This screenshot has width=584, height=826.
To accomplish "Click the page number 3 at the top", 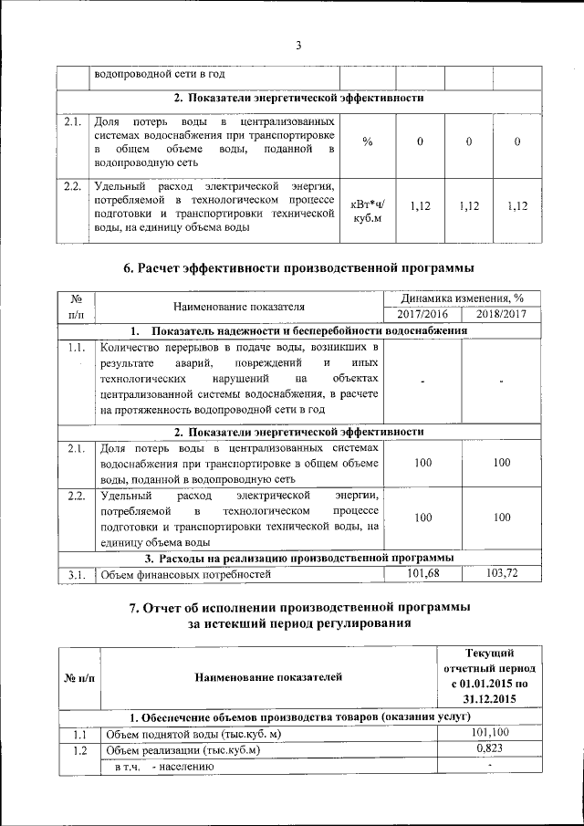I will tap(297, 47).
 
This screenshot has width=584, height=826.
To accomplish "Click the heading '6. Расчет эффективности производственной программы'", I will tap(297, 267).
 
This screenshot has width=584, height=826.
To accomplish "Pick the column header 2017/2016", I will tap(423, 314).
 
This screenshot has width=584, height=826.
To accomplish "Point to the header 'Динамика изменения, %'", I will tap(463, 298).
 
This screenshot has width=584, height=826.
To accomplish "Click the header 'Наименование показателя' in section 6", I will tap(240, 307).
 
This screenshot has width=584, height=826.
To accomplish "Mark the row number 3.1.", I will tap(76, 574).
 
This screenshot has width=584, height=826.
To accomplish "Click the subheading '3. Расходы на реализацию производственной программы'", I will tap(300, 558).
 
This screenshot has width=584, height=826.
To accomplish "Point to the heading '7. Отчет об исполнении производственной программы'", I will tap(297, 608).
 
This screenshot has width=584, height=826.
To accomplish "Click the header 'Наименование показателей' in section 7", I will tap(268, 676).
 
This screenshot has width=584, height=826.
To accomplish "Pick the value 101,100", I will tap(490, 733).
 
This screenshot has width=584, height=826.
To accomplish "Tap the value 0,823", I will tap(490, 749).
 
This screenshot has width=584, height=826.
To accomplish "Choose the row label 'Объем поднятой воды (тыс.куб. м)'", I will tap(193, 734).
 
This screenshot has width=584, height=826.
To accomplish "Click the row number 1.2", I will tap(79, 750).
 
